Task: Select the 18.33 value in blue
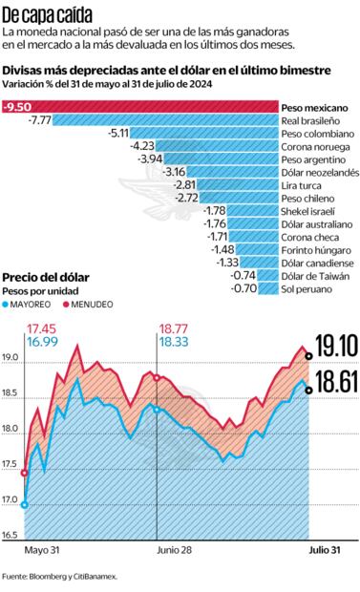point(174,340)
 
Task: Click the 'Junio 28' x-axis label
point(173,551)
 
